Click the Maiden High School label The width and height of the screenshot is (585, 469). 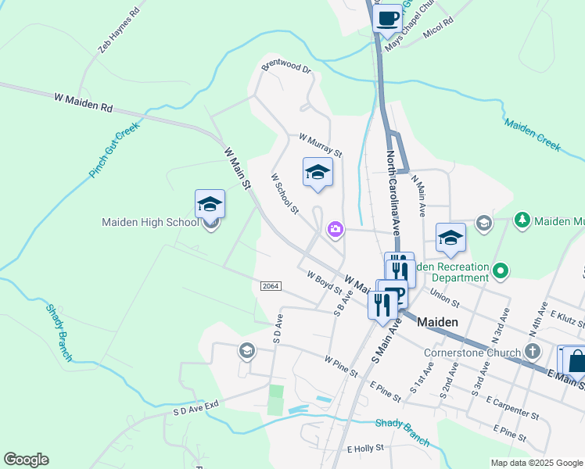click(150, 223)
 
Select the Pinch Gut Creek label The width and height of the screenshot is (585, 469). click(114, 149)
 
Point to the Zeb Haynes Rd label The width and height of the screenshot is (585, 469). click(118, 31)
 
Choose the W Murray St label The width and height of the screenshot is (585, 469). click(321, 145)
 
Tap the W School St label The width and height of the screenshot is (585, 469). click(285, 194)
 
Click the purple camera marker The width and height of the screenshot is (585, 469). click(335, 228)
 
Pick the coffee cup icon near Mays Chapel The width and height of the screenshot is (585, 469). click(387, 17)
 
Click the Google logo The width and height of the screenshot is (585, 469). click(26, 460)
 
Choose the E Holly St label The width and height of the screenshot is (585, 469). click(365, 449)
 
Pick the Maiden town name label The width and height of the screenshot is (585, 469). click(437, 321)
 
